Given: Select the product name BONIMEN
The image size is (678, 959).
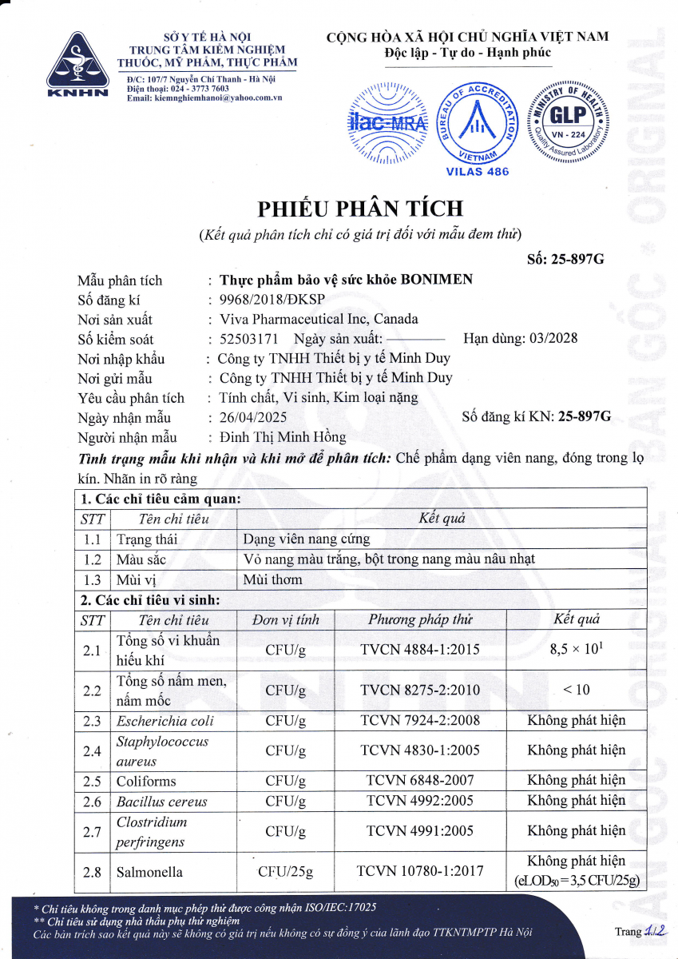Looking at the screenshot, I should coord(436,280).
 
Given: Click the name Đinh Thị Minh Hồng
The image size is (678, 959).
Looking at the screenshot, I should coord(283,437).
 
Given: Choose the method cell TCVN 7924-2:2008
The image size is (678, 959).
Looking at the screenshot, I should coord(419,720).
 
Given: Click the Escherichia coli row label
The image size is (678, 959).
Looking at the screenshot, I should coord(165,720).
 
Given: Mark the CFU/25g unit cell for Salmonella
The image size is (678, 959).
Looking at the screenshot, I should coord(286,871).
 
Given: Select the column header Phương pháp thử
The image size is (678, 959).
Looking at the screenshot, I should coord(419,619).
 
